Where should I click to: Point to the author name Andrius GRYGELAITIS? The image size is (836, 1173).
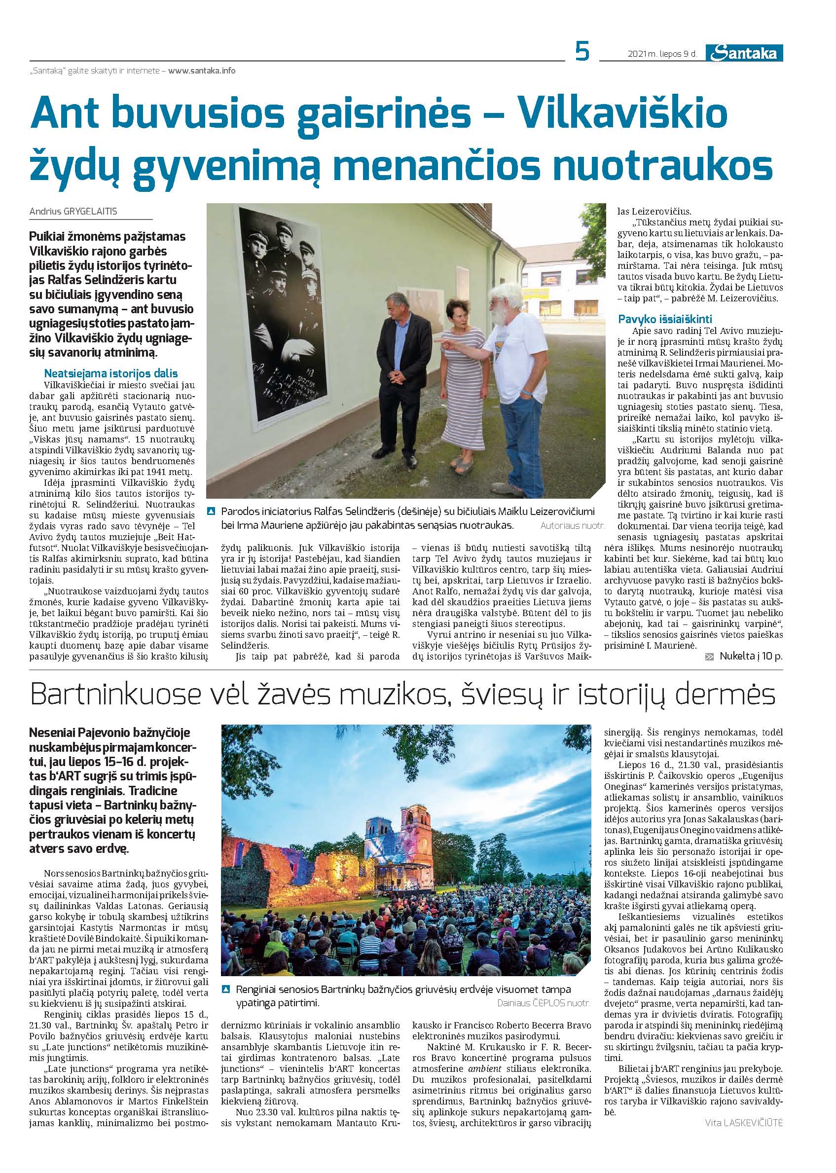(x=73, y=211)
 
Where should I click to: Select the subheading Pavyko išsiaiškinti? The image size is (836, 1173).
(x=664, y=319)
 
